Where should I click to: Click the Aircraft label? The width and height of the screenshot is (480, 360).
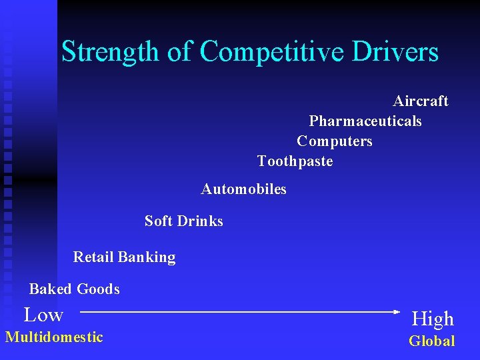coord(421,101)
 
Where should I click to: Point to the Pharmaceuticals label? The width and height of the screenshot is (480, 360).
coord(365,121)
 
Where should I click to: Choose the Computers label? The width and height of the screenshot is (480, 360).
coord(335,141)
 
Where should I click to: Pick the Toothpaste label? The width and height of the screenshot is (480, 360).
coord(295,161)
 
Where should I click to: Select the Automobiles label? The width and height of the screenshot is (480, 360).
coord(244,189)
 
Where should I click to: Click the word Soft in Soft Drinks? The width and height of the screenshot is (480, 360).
coord(158,221)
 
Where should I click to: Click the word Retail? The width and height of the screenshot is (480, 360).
coord(93,257)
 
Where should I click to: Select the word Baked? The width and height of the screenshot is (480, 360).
coord(50,289)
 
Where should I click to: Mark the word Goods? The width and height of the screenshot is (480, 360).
coord(98,289)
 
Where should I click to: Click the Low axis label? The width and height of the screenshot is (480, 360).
coord(44,315)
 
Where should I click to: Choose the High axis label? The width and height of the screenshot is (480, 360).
coord(433,319)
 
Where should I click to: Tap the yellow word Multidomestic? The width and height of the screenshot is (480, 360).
coord(54,337)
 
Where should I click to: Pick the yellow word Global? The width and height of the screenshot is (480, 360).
coord(432,341)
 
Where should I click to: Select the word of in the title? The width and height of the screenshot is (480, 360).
coord(179,51)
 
